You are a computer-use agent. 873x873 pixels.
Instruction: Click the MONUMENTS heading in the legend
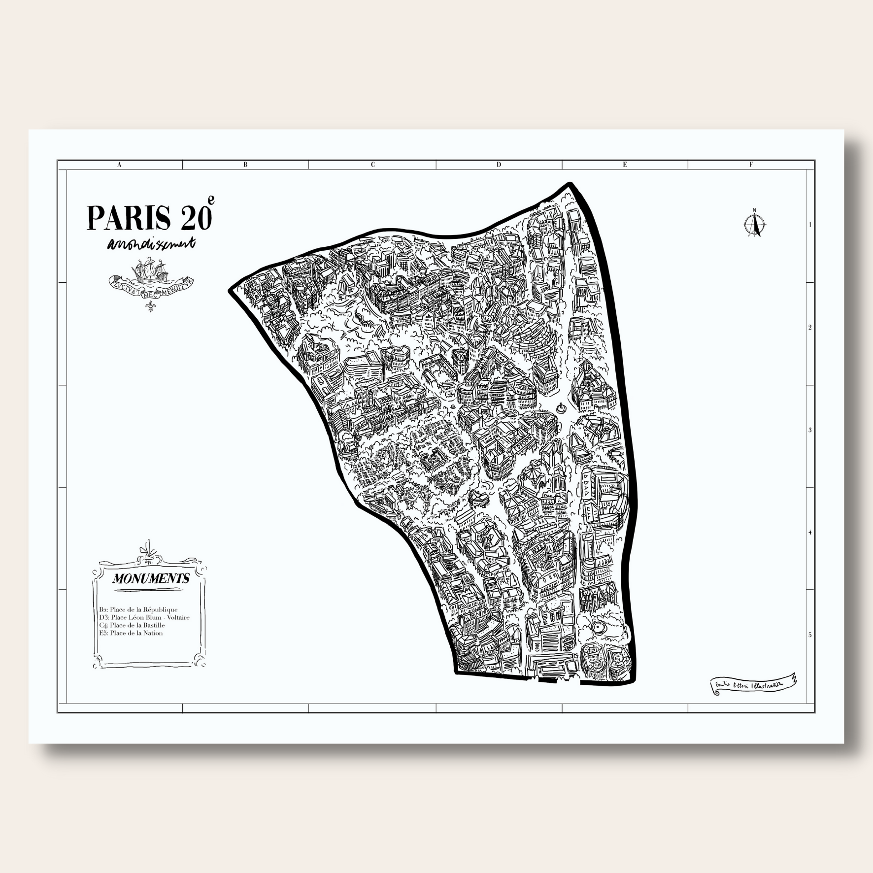click(x=151, y=578)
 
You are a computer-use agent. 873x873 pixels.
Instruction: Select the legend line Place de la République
click(x=138, y=609)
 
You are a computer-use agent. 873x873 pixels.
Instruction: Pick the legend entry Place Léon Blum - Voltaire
click(x=144, y=617)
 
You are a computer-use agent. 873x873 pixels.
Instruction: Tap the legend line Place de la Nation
click(x=131, y=633)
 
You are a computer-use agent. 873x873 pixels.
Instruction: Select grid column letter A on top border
click(x=119, y=165)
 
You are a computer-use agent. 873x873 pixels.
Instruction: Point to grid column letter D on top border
click(x=499, y=165)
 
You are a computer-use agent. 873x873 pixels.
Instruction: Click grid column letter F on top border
click(x=751, y=165)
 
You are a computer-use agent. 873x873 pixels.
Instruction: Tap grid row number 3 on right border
click(x=810, y=430)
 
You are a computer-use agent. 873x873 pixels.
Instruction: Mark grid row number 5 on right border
click(x=810, y=635)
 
